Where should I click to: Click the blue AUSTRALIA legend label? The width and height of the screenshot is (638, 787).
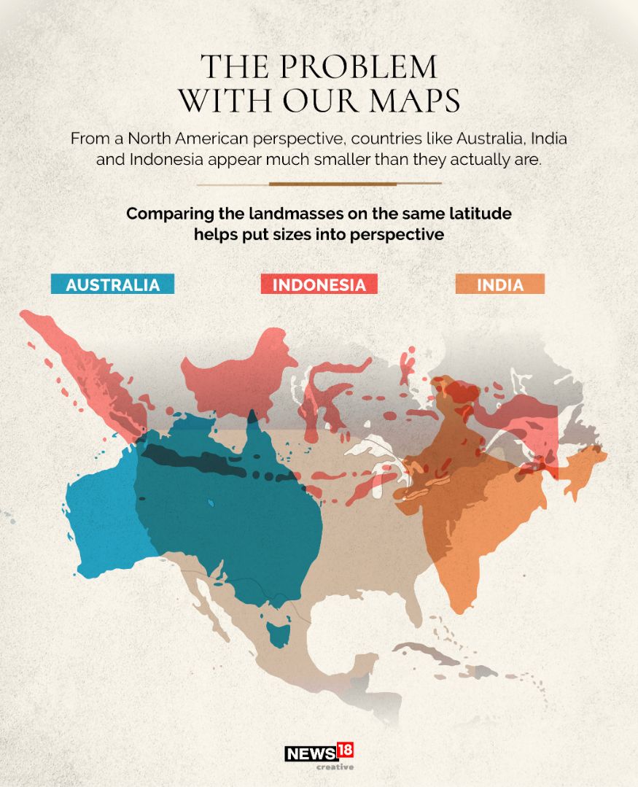(112, 284)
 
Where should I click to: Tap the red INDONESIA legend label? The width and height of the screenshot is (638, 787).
(319, 284)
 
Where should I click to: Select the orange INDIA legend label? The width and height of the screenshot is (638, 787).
(500, 284)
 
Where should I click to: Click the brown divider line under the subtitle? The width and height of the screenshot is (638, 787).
(319, 184)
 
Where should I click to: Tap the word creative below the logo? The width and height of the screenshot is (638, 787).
(335, 767)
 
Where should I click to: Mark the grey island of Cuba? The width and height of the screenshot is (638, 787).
(427, 651)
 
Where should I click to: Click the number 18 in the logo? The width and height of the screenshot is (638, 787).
(345, 751)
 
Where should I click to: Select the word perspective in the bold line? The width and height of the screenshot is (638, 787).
(394, 236)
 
